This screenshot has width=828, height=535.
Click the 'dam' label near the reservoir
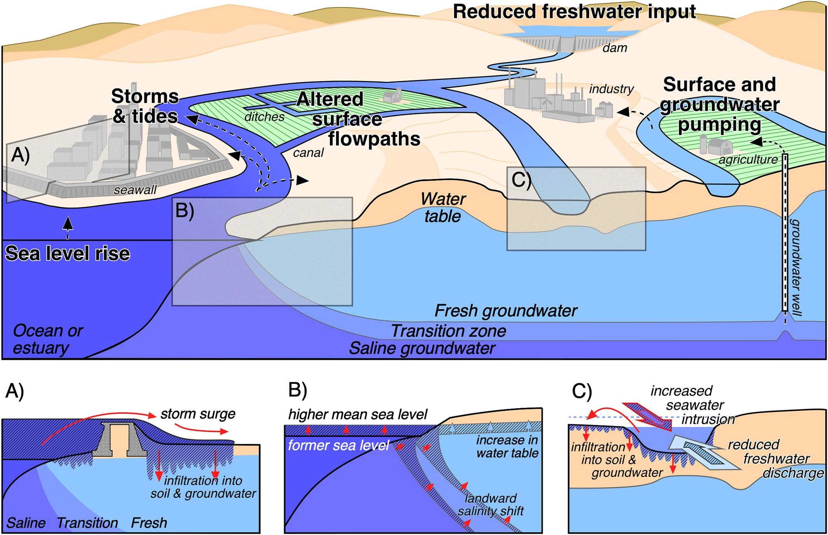coord(615,48)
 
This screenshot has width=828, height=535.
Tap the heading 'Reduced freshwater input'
coord(574,12)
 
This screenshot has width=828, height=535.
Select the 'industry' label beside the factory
coord(611,89)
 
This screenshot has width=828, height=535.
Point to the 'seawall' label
coord(135,190)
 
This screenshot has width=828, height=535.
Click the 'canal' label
coord(308,153)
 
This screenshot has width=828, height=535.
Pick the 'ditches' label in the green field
coord(264,117)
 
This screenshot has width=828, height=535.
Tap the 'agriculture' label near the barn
coord(748,160)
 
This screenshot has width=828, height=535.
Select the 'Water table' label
coord(443,208)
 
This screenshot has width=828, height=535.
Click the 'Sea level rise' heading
coord(67,253)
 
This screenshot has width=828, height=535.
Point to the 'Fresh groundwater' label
coord(505,311)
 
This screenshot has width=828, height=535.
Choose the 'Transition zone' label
coord(448,331)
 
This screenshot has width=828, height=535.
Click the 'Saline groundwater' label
coord(422,348)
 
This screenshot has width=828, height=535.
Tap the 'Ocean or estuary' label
coord(47,339)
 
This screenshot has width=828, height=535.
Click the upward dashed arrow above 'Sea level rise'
coord(68,226)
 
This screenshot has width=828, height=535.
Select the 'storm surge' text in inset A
coord(198,414)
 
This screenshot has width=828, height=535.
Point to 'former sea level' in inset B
coord(338,445)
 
